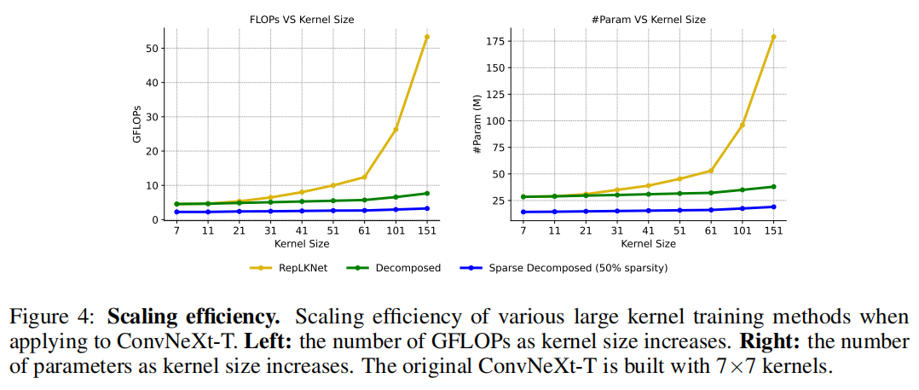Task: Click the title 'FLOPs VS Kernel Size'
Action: [x=302, y=19]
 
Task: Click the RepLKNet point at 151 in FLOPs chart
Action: [x=427, y=37]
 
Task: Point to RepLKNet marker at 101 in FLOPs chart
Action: [x=396, y=129]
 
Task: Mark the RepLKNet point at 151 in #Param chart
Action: [x=774, y=37]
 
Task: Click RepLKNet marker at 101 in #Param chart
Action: [x=743, y=125]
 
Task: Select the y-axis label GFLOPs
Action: [x=137, y=125]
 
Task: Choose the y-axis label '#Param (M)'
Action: [x=477, y=125]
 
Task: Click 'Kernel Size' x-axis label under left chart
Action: [x=302, y=244]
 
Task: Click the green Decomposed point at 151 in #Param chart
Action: [x=774, y=186]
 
